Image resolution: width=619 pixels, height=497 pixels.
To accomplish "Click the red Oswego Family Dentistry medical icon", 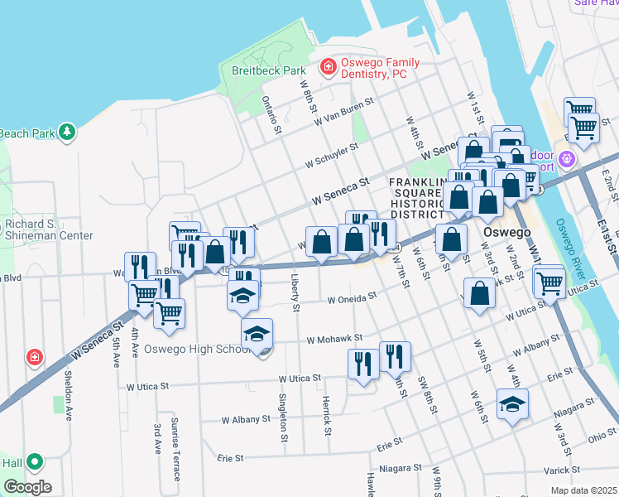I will click(x=329, y=65).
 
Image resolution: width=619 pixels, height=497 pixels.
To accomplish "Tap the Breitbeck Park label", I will click(x=269, y=71).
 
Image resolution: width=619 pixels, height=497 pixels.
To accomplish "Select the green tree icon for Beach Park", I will click(x=66, y=133).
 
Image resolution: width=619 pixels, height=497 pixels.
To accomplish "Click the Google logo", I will click(x=27, y=487).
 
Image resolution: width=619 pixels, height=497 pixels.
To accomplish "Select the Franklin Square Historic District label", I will click(x=419, y=198).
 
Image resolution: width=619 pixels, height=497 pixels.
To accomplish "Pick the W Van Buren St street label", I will click(x=345, y=112).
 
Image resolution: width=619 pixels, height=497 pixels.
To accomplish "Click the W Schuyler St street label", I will click(x=331, y=157).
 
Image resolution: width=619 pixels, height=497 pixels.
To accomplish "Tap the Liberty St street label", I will click(x=295, y=289).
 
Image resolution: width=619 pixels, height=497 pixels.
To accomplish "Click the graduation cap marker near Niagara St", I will click(x=513, y=405).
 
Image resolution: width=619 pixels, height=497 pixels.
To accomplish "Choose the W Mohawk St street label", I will click(x=334, y=339).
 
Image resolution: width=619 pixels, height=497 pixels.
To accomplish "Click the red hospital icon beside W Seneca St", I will click(x=35, y=358).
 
